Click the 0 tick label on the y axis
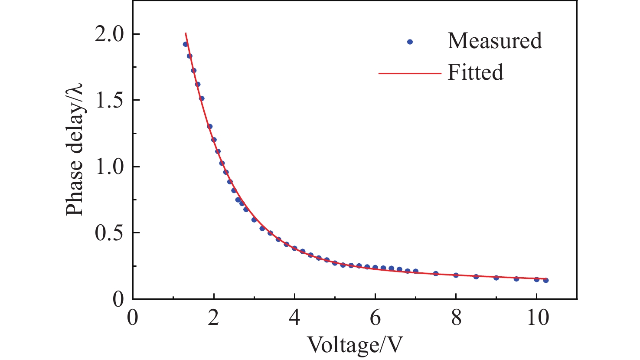pyautogui.click(x=118, y=299)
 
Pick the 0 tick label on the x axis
pyautogui.click(x=133, y=318)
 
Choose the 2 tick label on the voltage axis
pyautogui.click(x=213, y=318)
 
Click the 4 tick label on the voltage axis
pyautogui.click(x=294, y=318)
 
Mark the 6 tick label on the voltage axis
pyautogui.click(x=375, y=318)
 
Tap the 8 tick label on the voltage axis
pyautogui.click(x=456, y=318)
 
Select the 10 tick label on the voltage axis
pyautogui.click(x=537, y=318)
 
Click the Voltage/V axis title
pyautogui.click(x=355, y=345)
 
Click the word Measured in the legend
pyautogui.click(x=495, y=41)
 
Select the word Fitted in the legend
pyautogui.click(x=475, y=72)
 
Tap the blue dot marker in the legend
pyautogui.click(x=410, y=42)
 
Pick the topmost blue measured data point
pyautogui.click(x=185, y=44)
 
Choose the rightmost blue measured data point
pyautogui.click(x=546, y=280)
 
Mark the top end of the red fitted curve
pyautogui.click(x=186, y=33)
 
